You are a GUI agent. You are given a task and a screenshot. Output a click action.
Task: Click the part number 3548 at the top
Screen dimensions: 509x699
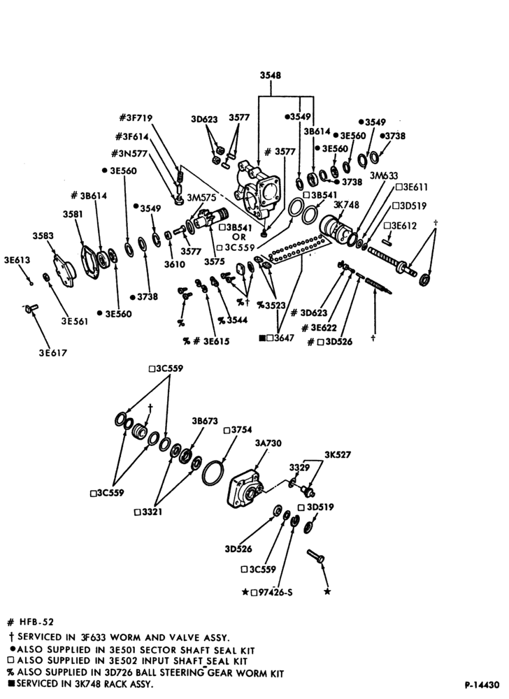pos(271,75)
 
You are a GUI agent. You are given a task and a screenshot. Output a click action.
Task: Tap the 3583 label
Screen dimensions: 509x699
pos(43,236)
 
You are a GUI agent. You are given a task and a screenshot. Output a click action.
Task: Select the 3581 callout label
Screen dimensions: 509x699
pos(73,215)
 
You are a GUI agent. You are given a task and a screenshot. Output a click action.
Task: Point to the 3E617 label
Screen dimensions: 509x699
pos(52,352)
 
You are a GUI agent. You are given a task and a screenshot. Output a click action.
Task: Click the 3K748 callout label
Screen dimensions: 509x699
pos(346,205)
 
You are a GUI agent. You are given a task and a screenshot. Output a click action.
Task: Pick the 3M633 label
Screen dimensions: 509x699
pos(384,175)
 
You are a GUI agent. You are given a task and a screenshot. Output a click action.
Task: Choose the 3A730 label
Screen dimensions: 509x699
pos(268,443)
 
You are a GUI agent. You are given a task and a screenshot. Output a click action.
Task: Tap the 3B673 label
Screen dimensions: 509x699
pos(205,421)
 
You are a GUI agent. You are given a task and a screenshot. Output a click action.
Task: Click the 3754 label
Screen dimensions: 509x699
pos(241,430)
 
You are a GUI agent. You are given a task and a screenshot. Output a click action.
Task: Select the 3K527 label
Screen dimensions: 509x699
pos(338,455)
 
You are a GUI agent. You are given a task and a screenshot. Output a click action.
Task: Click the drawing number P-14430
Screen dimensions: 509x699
pos(482,685)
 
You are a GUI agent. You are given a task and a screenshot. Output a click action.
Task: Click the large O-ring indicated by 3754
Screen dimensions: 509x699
pos(213,473)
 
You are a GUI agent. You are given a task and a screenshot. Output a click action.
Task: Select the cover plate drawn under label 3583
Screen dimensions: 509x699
pos(65,270)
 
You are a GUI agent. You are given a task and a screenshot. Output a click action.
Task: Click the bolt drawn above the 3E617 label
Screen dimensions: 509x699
pos(31,308)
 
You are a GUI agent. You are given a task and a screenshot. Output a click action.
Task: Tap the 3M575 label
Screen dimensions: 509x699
pos(201,198)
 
